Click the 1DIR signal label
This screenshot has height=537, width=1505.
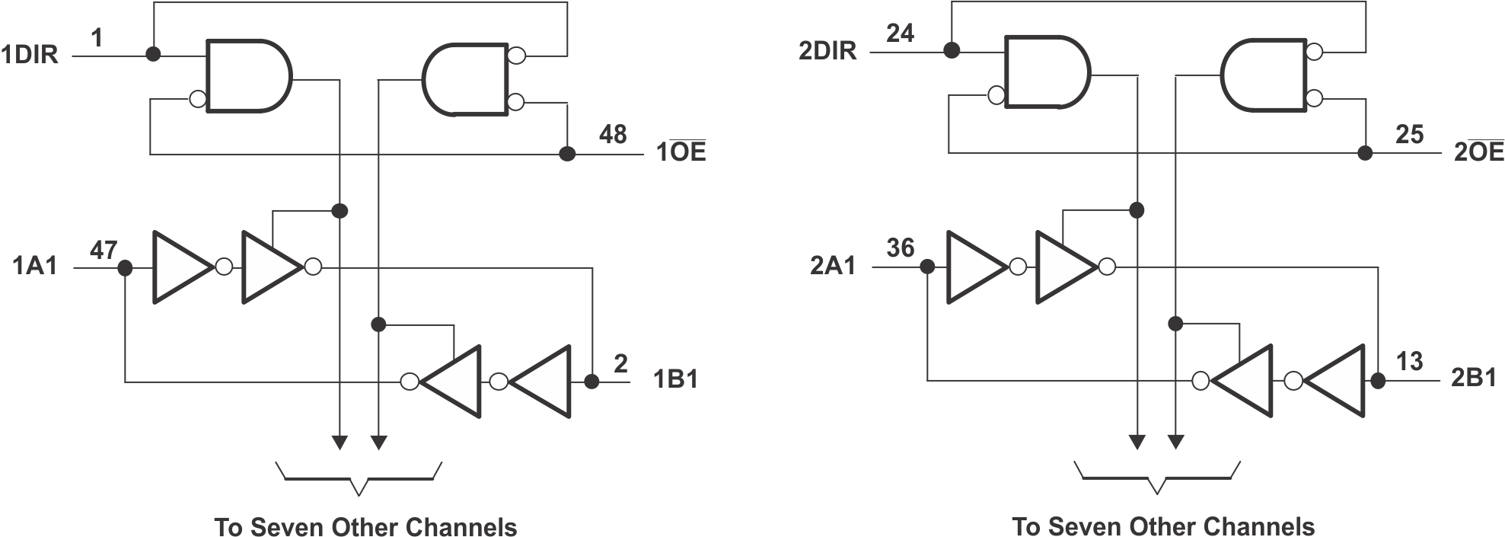pos(30,56)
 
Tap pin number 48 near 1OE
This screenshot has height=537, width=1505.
pos(612,135)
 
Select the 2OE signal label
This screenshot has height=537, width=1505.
pos(1478,152)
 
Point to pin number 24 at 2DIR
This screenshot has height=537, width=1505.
pos(900,34)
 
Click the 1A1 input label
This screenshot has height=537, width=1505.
pos(35,266)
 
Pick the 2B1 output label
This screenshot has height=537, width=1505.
pos(1474,378)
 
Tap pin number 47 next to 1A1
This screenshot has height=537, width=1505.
pos(104,249)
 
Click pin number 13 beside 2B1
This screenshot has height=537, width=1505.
pos(1409,361)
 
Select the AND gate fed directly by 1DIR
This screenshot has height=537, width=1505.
pos(248,77)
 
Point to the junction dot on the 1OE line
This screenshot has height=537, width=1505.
pos(566,154)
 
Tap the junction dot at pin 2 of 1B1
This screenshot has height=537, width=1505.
pos(591,382)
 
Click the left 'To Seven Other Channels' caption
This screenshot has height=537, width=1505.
pos(365,527)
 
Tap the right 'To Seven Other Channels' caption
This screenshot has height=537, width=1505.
pos(1162,527)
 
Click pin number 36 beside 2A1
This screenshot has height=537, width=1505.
pos(900,248)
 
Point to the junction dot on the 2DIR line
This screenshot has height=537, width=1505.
pos(950,51)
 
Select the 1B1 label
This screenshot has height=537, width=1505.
pos(676,379)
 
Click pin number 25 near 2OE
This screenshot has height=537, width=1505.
pos(1409,135)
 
